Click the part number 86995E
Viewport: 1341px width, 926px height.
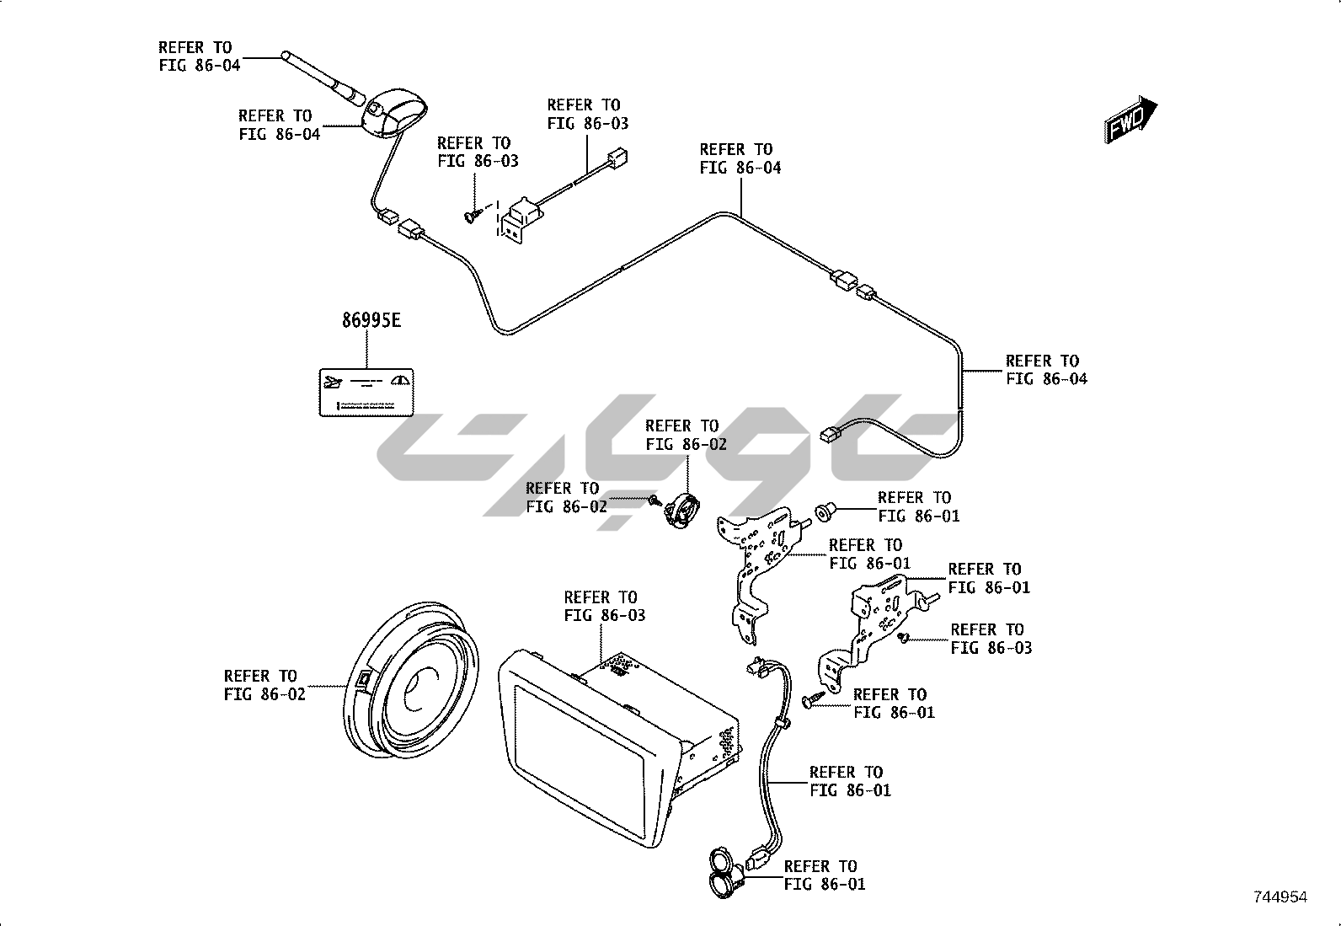(371, 321)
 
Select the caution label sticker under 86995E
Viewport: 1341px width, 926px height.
(366, 392)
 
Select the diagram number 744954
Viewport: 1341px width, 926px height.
(1280, 897)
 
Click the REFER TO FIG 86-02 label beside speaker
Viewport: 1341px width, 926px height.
(264, 685)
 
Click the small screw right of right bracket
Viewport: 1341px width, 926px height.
(904, 637)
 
